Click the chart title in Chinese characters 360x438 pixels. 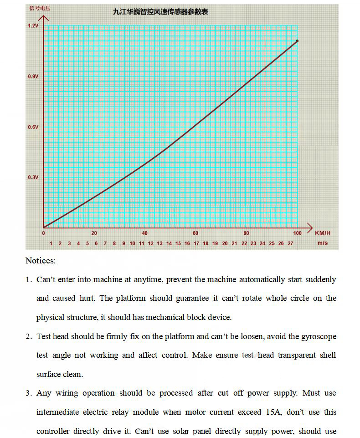(160, 12)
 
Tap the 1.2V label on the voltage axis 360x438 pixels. (33, 26)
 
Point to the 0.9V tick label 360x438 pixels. (33, 77)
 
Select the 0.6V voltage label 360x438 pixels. (33, 127)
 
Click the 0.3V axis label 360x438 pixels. (33, 177)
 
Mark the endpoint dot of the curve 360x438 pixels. (297, 41)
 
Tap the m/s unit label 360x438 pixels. (323, 243)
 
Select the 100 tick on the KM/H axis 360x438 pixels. (297, 233)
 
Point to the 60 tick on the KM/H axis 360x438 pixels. (195, 233)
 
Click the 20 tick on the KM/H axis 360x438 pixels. (94, 233)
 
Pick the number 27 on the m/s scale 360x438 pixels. (290, 243)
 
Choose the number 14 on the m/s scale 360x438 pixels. (169, 243)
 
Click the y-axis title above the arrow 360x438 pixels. (40, 8)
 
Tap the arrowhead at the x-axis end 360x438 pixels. (310, 227)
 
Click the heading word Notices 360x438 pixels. (41, 261)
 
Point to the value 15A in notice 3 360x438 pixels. (269, 412)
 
